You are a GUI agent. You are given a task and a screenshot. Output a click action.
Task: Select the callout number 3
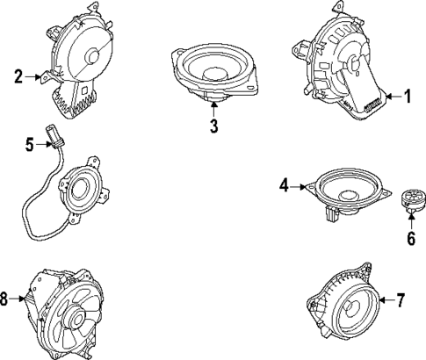213,126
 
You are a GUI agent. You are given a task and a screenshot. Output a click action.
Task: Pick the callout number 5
29,146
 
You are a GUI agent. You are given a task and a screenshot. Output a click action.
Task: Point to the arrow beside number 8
21,300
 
